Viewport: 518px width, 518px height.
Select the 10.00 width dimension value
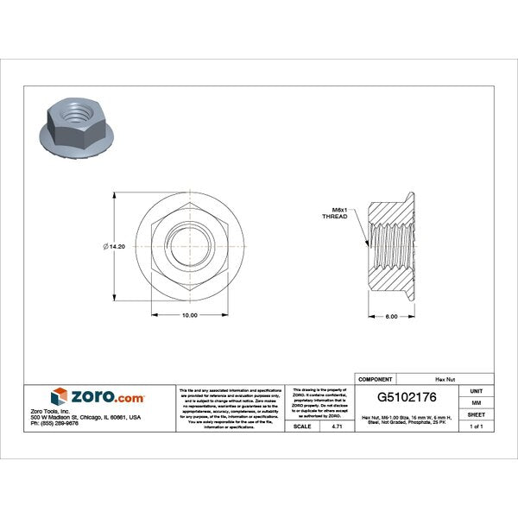coord(189,315)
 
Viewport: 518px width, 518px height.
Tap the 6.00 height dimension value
coord(391,316)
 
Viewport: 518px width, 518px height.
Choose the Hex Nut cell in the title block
coord(445,378)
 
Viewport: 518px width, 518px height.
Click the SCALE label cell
coord(303,426)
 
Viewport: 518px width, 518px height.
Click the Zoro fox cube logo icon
coord(60,396)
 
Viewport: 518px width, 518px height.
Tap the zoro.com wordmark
coord(107,396)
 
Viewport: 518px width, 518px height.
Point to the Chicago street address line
coord(85,416)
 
